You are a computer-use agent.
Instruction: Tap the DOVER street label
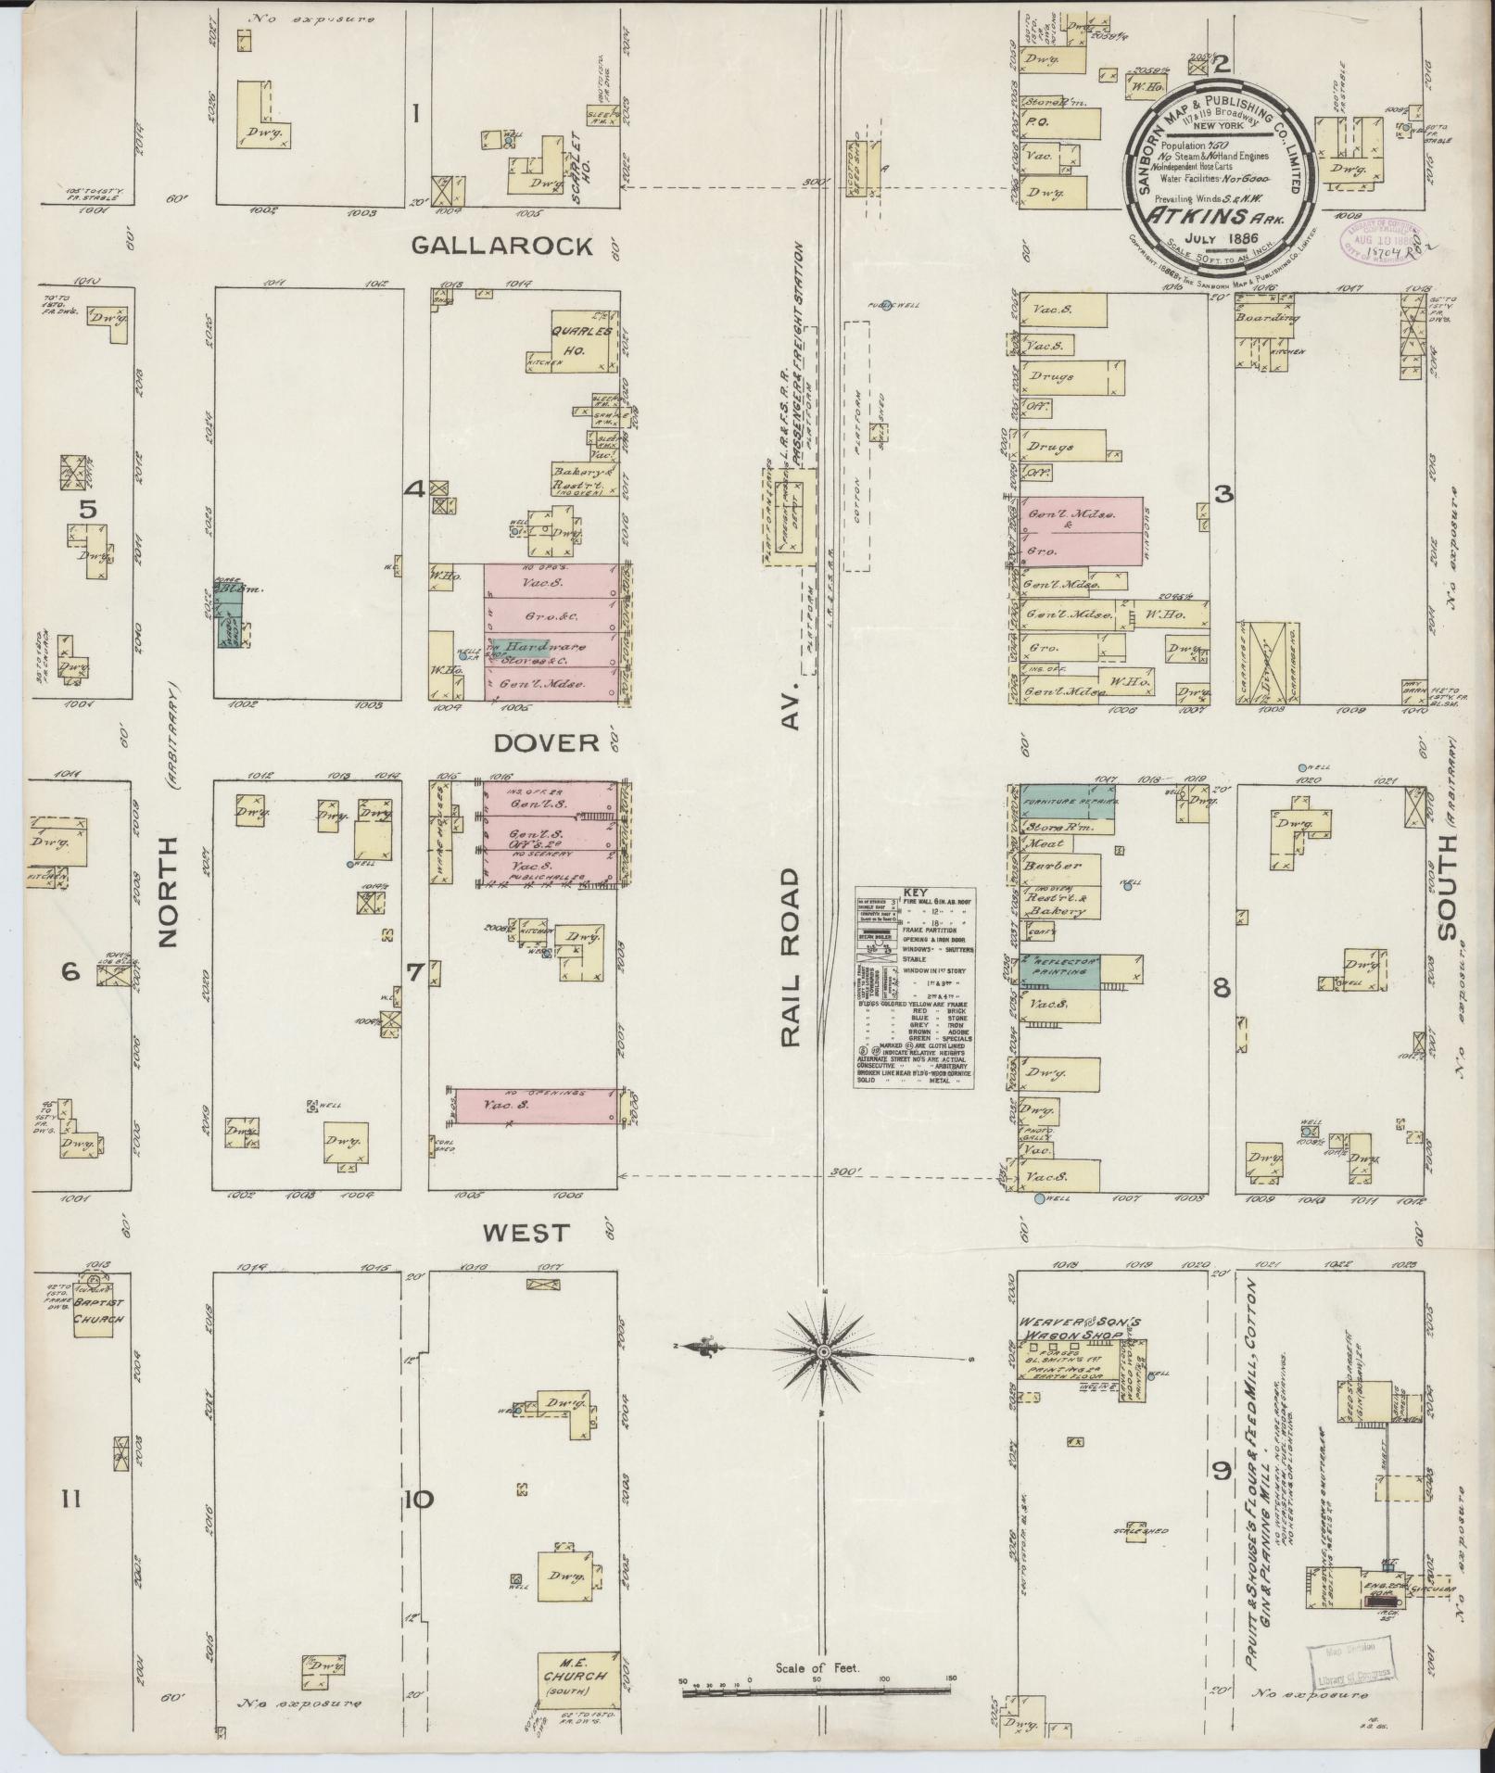547,743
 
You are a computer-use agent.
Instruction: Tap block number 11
71,1499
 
